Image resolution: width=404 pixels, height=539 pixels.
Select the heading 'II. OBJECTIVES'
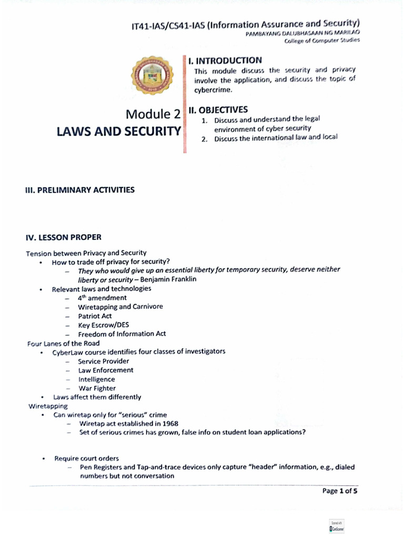218,110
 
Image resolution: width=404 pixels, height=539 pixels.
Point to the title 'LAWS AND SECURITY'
118,132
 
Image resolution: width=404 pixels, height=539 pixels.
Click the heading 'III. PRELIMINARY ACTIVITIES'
80,190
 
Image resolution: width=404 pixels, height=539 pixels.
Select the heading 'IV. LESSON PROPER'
64,237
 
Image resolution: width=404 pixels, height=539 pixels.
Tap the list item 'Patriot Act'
95,316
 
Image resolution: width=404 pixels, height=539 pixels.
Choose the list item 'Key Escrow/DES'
103,325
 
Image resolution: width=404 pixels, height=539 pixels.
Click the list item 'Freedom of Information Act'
122,334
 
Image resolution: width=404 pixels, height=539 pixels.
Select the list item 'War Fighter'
97,388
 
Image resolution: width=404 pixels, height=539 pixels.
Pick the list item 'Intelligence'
96,380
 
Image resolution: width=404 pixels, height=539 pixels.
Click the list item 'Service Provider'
103,361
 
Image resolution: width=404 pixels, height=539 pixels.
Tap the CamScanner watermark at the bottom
336,526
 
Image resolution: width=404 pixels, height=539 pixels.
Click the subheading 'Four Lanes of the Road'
63,343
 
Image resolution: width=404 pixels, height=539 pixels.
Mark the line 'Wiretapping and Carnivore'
120,307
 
